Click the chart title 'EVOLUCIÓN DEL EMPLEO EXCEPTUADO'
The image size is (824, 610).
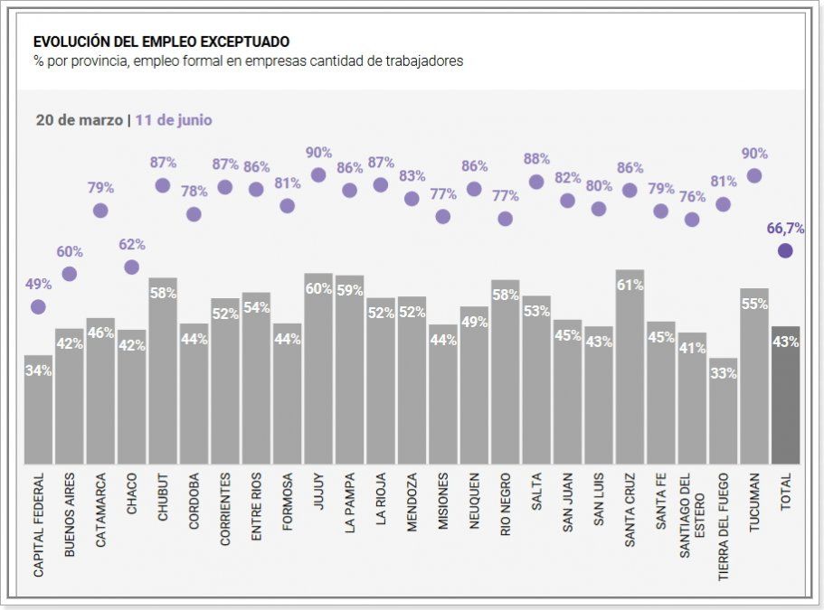click(x=161, y=42)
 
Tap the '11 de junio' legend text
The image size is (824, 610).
click(x=174, y=119)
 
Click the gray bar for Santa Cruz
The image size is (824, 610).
click(x=630, y=371)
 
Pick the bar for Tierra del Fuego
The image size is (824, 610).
click(x=723, y=416)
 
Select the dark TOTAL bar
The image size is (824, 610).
click(x=785, y=398)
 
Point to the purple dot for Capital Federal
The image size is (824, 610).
click(x=38, y=307)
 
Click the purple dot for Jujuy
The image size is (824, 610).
click(x=318, y=175)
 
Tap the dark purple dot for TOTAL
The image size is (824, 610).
click(x=785, y=250)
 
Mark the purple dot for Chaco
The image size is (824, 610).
click(x=131, y=267)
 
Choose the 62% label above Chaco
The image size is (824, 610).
click(x=131, y=245)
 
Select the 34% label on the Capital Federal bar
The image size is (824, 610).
click(x=38, y=371)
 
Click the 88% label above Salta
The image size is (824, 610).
click(x=536, y=160)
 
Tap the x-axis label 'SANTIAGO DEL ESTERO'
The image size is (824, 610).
click(x=692, y=514)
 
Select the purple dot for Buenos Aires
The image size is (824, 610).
click(x=69, y=274)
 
